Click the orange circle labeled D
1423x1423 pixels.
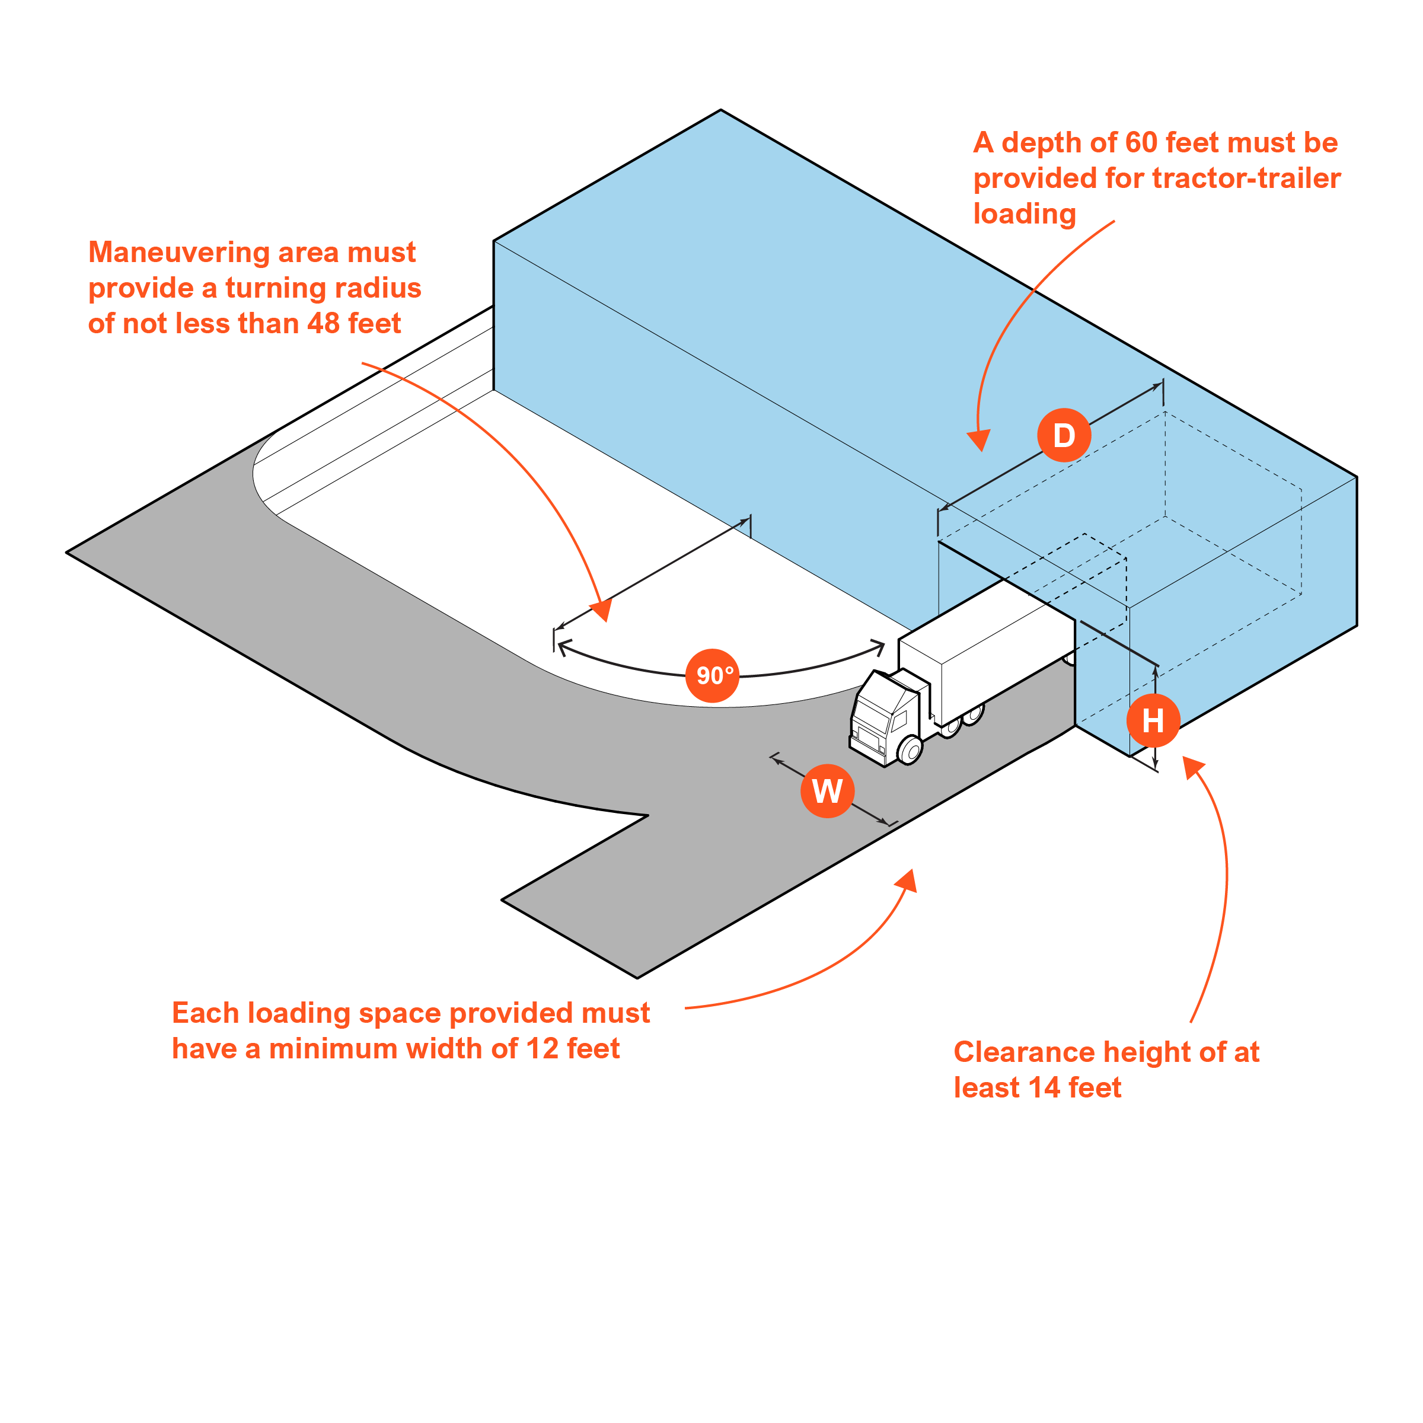pos(1064,435)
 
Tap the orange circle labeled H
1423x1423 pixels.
pos(1153,720)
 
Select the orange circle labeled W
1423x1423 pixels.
pos(827,791)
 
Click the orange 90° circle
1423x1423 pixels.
pos(712,675)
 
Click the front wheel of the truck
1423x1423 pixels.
pos(910,751)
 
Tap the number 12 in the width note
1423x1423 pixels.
pos(542,1048)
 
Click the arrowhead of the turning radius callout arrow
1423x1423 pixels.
pos(602,611)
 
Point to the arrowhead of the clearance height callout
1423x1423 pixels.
pos(1192,767)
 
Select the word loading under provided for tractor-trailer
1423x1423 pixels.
pos(1025,213)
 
